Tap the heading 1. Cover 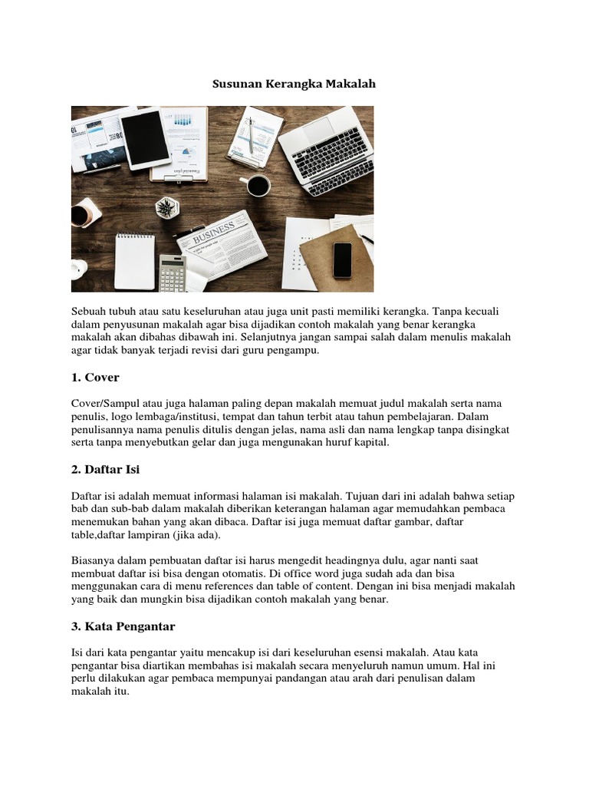point(95,378)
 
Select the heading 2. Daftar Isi point(105,469)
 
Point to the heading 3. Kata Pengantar point(123,626)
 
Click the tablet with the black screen point(145,137)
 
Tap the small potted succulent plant point(166,207)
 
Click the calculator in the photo point(173,272)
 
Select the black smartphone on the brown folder point(342,259)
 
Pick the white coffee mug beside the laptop point(258,185)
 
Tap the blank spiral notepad point(134,261)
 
